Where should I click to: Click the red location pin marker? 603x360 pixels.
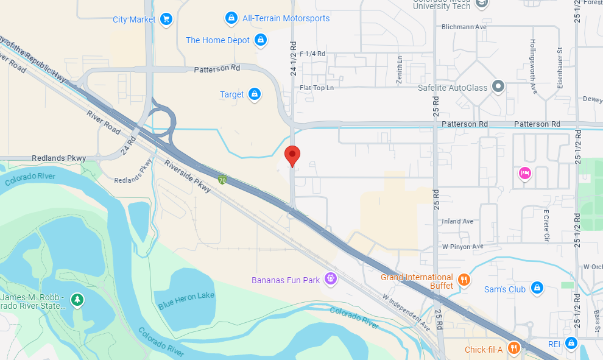292,155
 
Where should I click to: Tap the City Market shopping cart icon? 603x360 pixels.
166,19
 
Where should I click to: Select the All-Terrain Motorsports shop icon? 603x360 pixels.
231,18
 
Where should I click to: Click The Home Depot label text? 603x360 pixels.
217,40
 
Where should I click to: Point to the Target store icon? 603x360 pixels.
255,94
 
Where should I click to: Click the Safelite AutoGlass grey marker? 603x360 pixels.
498,87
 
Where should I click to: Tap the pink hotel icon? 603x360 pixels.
525,174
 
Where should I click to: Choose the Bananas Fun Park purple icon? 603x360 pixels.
331,279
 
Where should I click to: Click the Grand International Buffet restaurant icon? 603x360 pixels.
464,280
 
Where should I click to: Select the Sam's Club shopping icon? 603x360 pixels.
537,288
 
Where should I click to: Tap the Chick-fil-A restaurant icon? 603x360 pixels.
514,348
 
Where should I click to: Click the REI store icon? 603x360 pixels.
571,344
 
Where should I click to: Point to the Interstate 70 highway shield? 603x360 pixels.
223,180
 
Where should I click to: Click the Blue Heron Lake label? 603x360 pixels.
186,295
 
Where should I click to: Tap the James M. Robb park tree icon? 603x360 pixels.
77,299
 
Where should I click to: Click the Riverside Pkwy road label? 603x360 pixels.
188,177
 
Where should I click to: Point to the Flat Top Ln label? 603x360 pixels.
317,88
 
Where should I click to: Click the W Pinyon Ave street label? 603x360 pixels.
462,246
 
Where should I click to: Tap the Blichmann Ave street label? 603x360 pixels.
464,27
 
